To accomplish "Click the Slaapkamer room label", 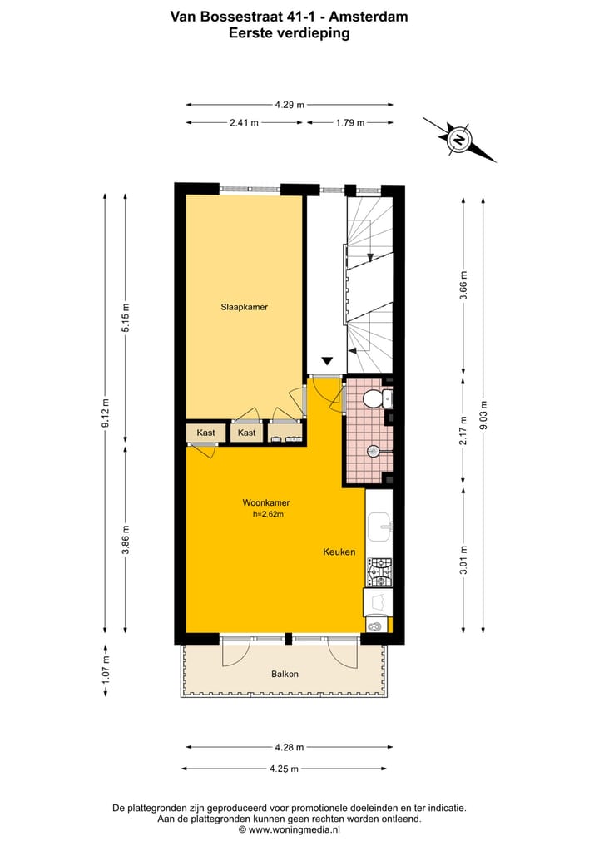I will (244, 307).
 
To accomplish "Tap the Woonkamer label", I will (265, 502).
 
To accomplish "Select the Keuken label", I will (339, 552).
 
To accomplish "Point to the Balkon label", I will (285, 674).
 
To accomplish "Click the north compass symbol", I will (458, 139).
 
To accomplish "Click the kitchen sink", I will (382, 523).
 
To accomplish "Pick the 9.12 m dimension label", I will (106, 412).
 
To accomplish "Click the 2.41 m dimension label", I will (244, 122).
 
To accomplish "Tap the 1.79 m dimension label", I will (349, 122).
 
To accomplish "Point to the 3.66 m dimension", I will (464, 285).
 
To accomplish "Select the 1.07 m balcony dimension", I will (106, 672).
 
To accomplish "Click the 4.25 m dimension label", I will (285, 769).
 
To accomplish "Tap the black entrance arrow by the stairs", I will (327, 361).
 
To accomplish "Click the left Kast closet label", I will (205, 433).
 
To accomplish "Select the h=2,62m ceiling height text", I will (269, 514).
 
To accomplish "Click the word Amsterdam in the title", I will (374, 16).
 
